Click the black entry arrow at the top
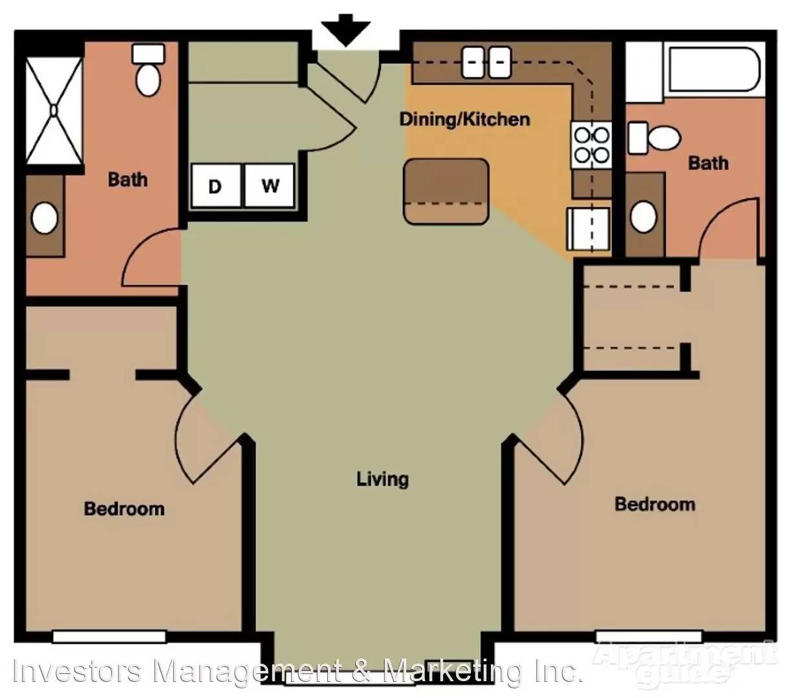click(345, 30)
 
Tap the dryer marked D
click(216, 185)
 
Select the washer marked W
click(269, 185)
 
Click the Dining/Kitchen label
click(464, 119)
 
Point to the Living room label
click(382, 479)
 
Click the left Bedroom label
click(124, 509)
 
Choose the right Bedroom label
click(654, 504)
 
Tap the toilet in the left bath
click(148, 69)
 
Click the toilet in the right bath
click(654, 138)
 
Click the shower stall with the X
click(54, 111)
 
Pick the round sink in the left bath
click(45, 218)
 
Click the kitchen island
click(446, 191)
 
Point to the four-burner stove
click(591, 145)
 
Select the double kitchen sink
click(486, 62)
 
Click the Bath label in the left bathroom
click(128, 180)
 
